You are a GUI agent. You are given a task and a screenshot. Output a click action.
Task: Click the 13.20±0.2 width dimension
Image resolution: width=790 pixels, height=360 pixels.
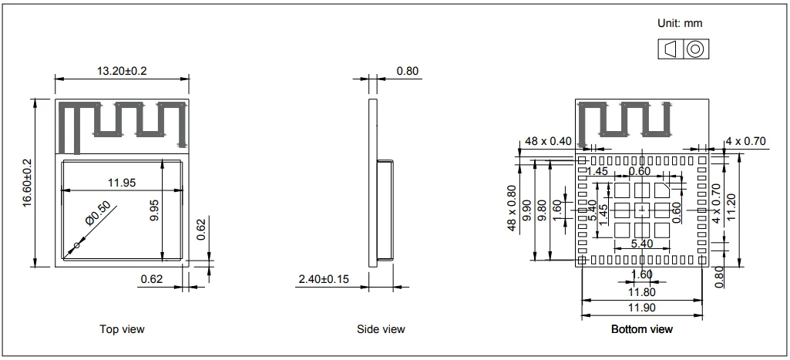pyautogui.click(x=121, y=71)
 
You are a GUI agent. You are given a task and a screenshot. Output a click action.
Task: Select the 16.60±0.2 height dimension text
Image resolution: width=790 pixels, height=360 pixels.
pyautogui.click(x=26, y=183)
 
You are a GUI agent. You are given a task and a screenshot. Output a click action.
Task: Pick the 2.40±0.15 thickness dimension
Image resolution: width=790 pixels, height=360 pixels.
pyautogui.click(x=323, y=278)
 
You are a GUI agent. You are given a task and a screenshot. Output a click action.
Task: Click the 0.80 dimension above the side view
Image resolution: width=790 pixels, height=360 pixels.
pyautogui.click(x=407, y=71)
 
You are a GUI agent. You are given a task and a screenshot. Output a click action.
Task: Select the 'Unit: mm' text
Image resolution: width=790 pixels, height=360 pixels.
pyautogui.click(x=679, y=24)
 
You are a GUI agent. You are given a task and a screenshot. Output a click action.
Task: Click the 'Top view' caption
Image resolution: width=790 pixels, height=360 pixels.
pyautogui.click(x=122, y=329)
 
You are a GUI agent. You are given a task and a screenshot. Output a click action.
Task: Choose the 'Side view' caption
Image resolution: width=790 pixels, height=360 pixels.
pyautogui.click(x=381, y=329)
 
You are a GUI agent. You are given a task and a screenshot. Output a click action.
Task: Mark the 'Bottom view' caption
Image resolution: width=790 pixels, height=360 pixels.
pyautogui.click(x=641, y=329)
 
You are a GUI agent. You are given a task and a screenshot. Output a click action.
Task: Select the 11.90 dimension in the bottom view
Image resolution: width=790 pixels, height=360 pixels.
pyautogui.click(x=641, y=308)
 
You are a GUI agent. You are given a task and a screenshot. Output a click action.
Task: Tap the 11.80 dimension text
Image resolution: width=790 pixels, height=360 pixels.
pyautogui.click(x=641, y=292)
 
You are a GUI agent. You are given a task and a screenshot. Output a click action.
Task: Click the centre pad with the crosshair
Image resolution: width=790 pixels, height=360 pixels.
pyautogui.click(x=642, y=209)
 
